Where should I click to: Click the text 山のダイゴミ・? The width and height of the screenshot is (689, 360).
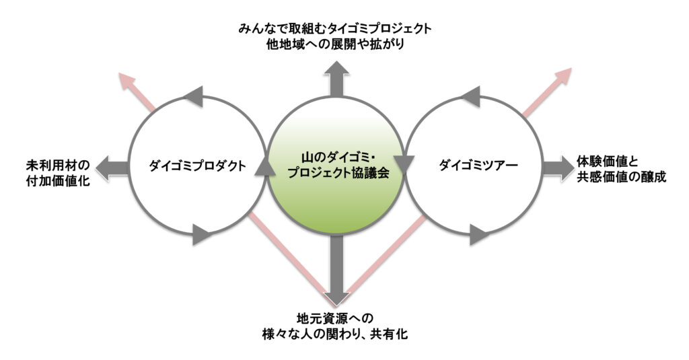pyautogui.click(x=334, y=155)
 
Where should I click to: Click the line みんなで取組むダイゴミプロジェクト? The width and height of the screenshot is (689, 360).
pyautogui.click(x=334, y=30)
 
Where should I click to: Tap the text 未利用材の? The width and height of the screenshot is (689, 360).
pyautogui.click(x=54, y=164)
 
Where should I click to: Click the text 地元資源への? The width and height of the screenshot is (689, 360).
pyautogui.click(x=334, y=317)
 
